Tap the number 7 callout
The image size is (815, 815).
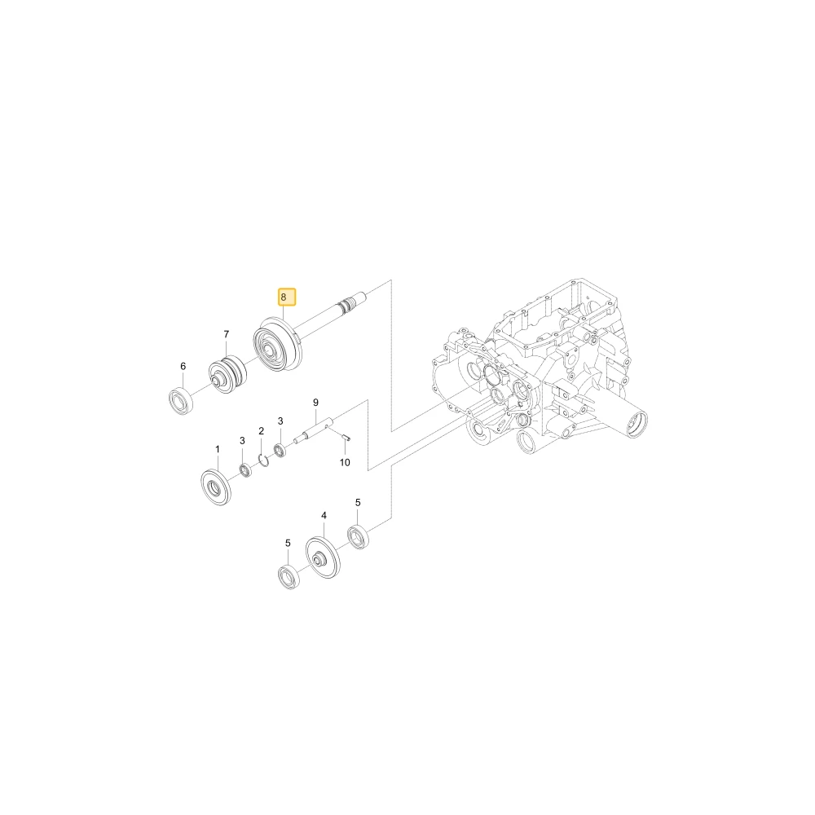click(226, 334)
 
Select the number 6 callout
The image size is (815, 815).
click(183, 367)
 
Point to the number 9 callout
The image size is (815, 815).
click(315, 403)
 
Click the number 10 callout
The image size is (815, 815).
click(345, 462)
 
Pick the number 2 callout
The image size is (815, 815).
click(261, 431)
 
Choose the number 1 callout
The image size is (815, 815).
click(218, 449)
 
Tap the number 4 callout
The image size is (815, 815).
click(324, 516)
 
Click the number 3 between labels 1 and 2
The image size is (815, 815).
click(242, 441)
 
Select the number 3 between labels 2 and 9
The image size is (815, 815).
click(280, 421)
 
